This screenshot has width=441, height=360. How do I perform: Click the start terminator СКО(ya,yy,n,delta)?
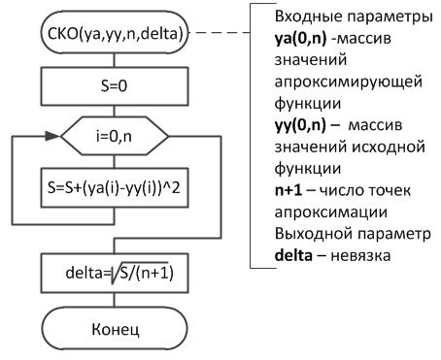(115, 33)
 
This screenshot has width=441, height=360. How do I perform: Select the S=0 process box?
(115, 86)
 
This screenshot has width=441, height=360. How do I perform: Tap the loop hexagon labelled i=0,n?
(115, 136)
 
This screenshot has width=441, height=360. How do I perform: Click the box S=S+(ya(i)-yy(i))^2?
(115, 187)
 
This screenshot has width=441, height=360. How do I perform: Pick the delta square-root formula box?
(115, 273)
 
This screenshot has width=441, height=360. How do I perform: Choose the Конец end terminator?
(115, 329)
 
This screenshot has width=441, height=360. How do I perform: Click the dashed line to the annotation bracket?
(220, 33)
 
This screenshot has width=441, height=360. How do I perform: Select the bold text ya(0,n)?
(300, 39)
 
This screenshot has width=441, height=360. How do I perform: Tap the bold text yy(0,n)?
(300, 125)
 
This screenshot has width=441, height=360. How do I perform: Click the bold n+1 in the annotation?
(288, 190)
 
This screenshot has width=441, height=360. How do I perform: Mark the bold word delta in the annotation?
(293, 255)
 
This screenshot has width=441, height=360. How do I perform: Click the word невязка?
(360, 256)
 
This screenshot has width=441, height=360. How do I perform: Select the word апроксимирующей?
(349, 82)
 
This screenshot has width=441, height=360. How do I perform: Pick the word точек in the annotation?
(388, 190)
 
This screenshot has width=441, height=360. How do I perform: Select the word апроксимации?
(331, 213)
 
